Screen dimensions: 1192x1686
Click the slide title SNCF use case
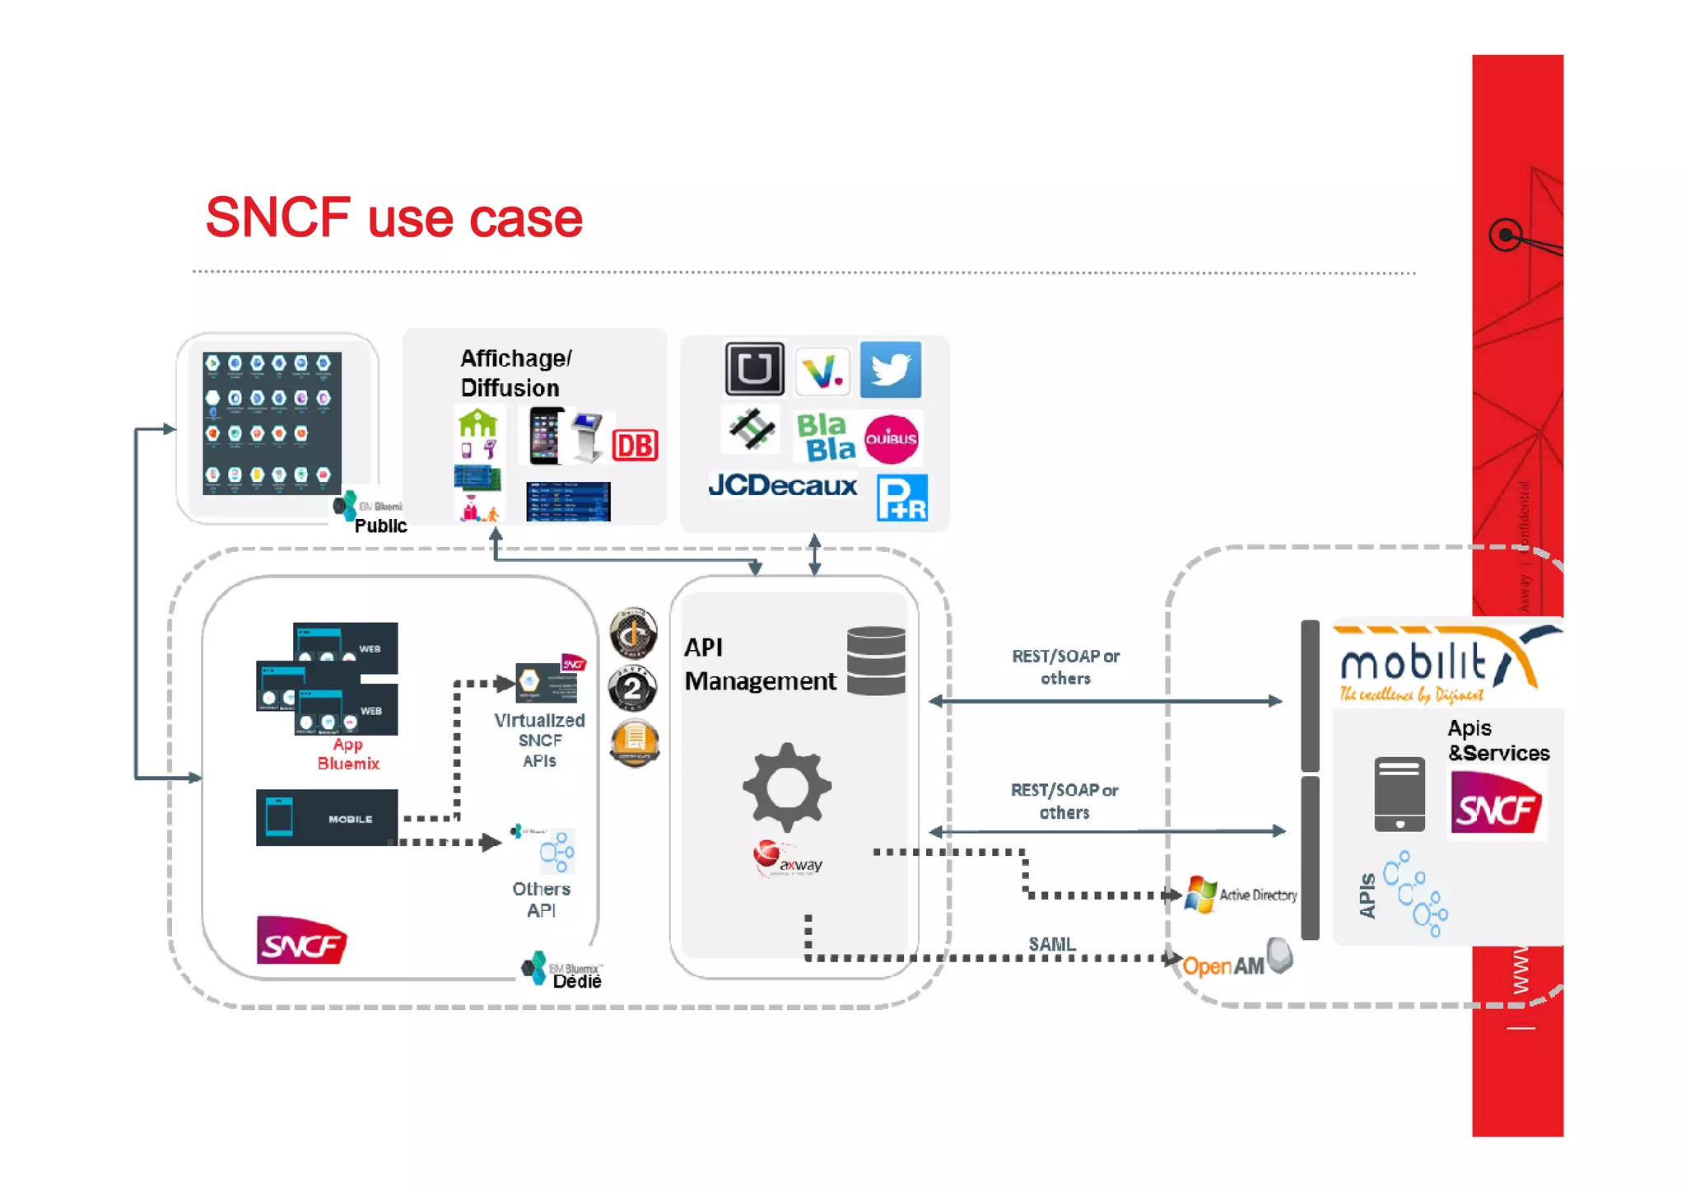[x=394, y=218]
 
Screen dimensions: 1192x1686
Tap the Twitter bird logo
[x=890, y=369]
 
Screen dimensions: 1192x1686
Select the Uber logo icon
[x=754, y=369]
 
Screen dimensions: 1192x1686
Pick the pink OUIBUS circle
[x=891, y=439]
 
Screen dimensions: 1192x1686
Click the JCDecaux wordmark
[x=782, y=485]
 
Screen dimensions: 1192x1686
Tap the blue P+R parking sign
[x=901, y=498]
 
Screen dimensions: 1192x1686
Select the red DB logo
[x=635, y=446]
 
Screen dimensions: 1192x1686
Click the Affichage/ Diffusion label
[x=515, y=372]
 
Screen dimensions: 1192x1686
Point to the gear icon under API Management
[x=786, y=788]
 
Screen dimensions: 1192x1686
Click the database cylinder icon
[x=876, y=661]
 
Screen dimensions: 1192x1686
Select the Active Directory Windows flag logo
[x=1200, y=895]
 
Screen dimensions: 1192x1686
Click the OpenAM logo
[x=1235, y=962]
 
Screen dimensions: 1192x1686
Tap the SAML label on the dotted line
[x=1051, y=944]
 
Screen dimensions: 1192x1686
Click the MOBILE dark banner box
[x=327, y=818]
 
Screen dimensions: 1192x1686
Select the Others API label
[x=541, y=900]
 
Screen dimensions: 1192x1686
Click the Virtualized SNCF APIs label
[x=539, y=740]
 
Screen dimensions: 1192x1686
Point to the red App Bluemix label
[x=348, y=754]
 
